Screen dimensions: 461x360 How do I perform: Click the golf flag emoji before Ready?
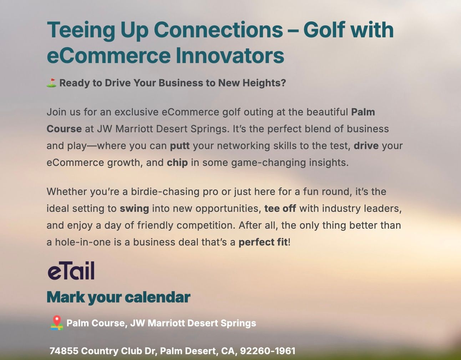51,83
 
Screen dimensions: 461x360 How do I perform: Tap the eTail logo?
71,271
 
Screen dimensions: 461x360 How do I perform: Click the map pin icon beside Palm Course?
57,323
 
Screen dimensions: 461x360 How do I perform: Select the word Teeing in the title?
81,30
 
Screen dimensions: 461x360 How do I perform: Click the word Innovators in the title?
230,55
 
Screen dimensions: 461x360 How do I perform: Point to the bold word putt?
180,146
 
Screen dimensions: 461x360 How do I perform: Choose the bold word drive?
366,146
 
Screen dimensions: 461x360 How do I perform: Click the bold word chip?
177,163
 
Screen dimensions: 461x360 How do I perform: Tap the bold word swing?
134,209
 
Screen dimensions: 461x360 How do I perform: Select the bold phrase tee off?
280,208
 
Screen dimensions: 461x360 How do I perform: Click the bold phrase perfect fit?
263,242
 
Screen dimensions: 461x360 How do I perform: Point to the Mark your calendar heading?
118,298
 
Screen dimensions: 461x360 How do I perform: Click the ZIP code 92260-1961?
268,351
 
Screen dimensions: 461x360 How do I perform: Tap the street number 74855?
64,351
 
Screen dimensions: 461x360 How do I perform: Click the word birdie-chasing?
165,192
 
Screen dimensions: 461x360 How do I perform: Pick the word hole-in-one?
83,242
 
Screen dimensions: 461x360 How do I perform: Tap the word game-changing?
268,163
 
